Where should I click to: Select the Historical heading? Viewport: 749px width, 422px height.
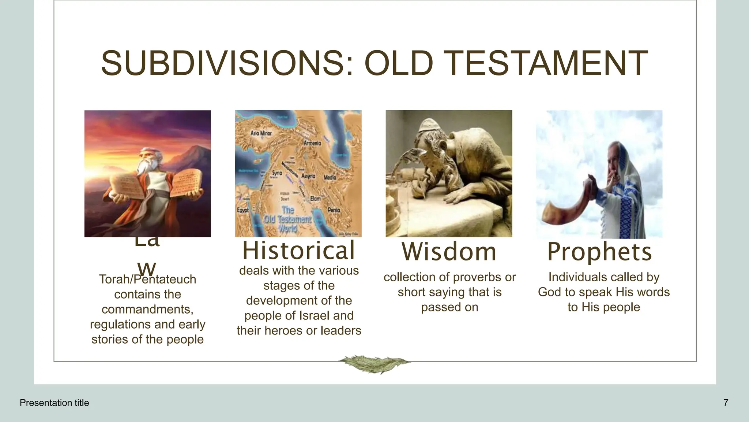tap(298, 251)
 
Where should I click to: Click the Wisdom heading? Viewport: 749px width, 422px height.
tap(449, 252)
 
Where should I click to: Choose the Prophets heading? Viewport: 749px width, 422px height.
tap(599, 252)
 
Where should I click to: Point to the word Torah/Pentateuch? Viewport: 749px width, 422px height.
tap(147, 280)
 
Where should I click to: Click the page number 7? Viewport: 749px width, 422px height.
tap(726, 403)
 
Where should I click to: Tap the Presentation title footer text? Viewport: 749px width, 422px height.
tap(54, 403)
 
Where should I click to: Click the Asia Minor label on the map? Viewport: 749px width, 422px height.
tap(261, 133)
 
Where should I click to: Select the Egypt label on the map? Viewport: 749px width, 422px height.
tap(242, 210)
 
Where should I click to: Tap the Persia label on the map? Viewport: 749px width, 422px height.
tap(334, 210)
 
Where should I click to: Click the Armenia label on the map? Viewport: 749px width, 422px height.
tap(312, 143)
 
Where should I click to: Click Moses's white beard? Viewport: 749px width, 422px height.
tap(143, 167)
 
